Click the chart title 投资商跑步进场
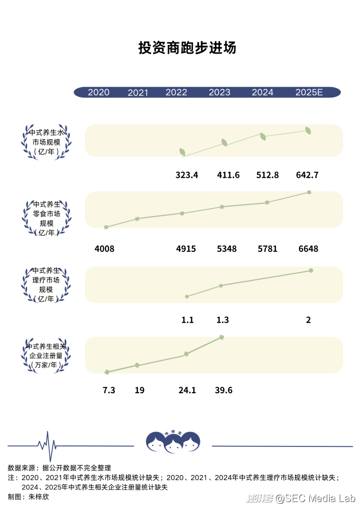[x=187, y=48]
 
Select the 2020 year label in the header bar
[x=99, y=92]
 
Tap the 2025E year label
[x=309, y=92]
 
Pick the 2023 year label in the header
[x=219, y=92]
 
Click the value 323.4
[x=187, y=175]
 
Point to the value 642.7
[x=307, y=175]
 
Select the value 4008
[x=104, y=249]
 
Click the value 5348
[x=226, y=249]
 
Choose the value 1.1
[x=187, y=320]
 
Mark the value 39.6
[x=223, y=390]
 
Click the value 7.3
[x=109, y=390]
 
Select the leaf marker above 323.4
[x=183, y=152]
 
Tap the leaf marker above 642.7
[x=308, y=130]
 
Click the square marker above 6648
[x=309, y=192]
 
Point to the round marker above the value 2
[x=311, y=270]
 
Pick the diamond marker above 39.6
[x=222, y=337]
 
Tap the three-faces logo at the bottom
[x=173, y=442]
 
